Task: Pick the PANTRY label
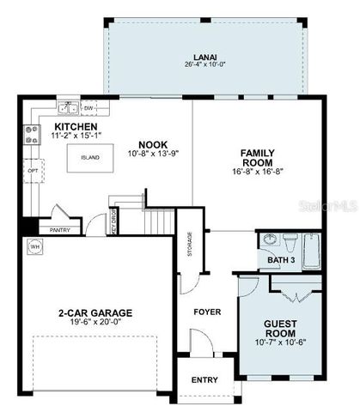59,229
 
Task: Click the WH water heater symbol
35,247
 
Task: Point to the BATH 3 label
281,259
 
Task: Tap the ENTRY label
204,379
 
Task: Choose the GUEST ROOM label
280,330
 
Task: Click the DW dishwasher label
89,109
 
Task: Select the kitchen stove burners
33,134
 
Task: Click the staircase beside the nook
156,222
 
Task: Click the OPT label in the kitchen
33,170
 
